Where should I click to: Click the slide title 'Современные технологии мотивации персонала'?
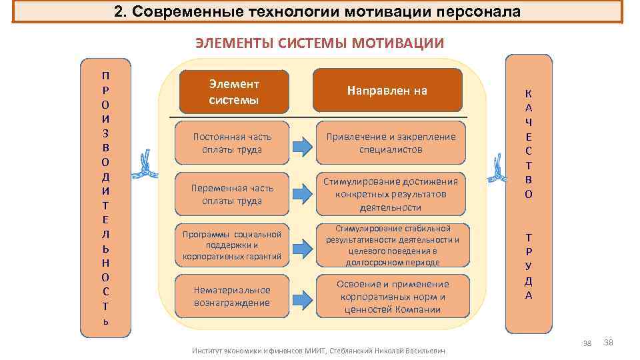(317, 12)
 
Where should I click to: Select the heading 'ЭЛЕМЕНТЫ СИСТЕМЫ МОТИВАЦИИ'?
(319, 44)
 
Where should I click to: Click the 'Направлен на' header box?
(388, 91)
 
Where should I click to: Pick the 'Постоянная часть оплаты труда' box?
(232, 143)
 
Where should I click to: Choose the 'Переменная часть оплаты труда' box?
(232, 194)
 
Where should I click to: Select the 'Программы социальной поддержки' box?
(232, 245)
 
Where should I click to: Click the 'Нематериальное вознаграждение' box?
(232, 296)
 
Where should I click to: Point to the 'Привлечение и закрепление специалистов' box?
(391, 143)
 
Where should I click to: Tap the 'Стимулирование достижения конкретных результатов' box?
(391, 194)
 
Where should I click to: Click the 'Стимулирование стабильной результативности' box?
(392, 245)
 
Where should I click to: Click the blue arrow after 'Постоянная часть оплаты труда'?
(303, 143)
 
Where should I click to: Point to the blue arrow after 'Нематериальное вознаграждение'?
(303, 297)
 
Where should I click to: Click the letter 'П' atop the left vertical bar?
(106, 75)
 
